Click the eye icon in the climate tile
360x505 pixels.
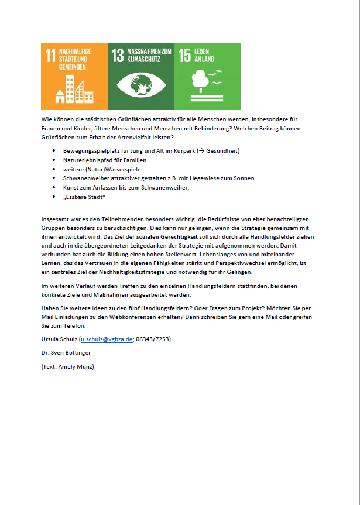[140, 83]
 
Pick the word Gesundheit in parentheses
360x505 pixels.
[221, 150]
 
